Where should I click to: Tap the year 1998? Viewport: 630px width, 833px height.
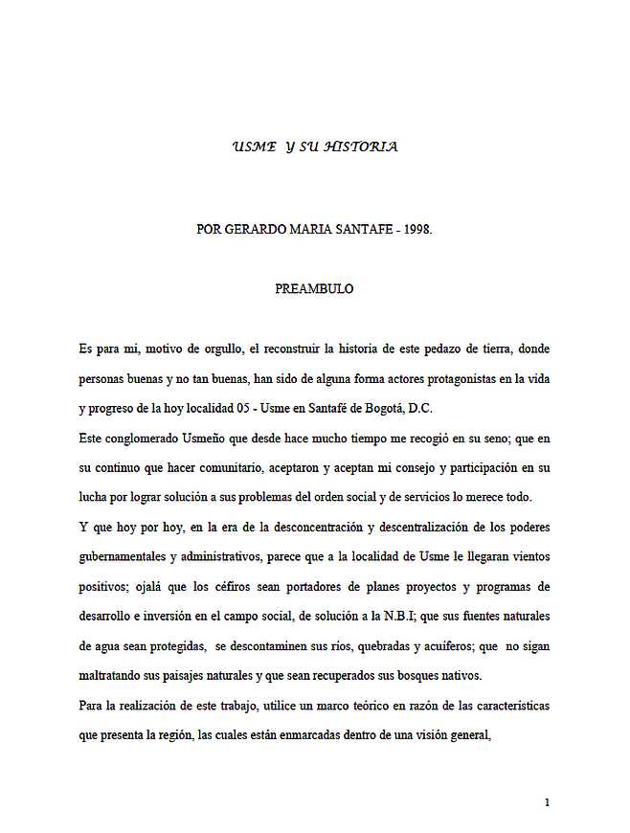(x=415, y=230)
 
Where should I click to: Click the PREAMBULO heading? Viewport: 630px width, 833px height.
(x=314, y=289)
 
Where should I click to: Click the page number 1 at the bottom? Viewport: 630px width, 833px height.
(x=547, y=802)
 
